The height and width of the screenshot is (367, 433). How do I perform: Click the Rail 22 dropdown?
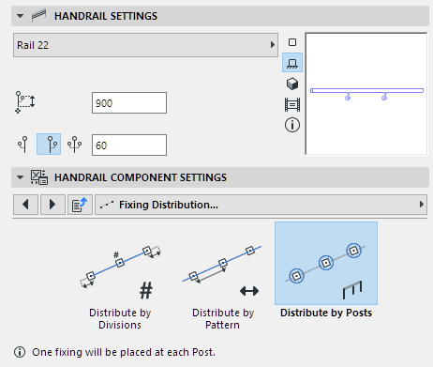(x=145, y=45)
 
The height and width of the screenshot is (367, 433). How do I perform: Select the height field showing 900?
(x=129, y=103)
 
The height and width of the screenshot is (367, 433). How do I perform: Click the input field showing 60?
(x=129, y=145)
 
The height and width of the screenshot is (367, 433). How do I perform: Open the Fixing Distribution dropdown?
(x=261, y=205)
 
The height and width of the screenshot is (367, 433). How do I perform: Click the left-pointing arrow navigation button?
(x=25, y=205)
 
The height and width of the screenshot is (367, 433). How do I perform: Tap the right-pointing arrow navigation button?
(x=52, y=205)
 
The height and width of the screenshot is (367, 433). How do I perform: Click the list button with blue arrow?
(x=80, y=205)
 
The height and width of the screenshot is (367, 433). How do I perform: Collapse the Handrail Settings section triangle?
(x=20, y=16)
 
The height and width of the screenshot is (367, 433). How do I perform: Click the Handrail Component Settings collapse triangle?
(x=20, y=177)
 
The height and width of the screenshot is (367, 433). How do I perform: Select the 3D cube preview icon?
(x=292, y=84)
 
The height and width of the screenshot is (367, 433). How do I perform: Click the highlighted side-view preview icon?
(x=292, y=63)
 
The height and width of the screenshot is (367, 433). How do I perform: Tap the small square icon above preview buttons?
(x=292, y=42)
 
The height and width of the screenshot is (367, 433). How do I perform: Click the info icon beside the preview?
(x=292, y=125)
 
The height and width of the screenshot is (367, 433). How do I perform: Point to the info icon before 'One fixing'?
(x=20, y=352)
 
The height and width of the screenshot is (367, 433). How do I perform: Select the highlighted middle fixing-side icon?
(x=49, y=145)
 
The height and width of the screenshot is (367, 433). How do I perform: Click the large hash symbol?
(x=146, y=290)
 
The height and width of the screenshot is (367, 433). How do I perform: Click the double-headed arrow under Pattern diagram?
(x=249, y=291)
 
